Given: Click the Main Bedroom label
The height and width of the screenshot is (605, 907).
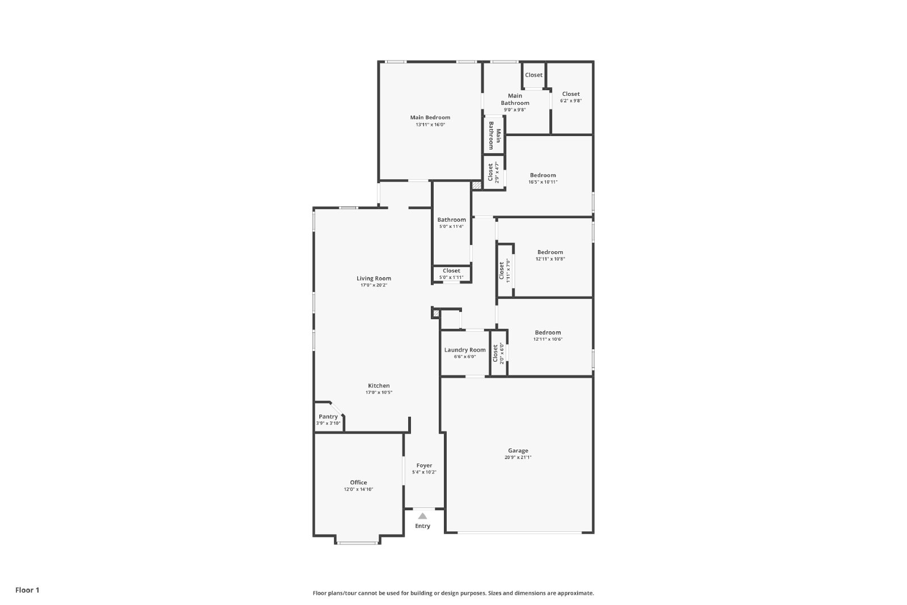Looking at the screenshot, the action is pyautogui.click(x=430, y=117).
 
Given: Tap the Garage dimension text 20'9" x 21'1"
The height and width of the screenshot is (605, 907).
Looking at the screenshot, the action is pyautogui.click(x=518, y=457).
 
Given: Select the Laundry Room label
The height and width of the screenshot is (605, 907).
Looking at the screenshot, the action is pyautogui.click(x=465, y=350).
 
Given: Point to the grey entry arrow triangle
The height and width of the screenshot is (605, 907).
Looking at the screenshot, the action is pyautogui.click(x=422, y=516).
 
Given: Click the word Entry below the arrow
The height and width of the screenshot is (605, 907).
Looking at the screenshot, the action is pyautogui.click(x=422, y=526).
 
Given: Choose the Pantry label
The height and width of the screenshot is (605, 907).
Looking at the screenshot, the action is pyautogui.click(x=328, y=417).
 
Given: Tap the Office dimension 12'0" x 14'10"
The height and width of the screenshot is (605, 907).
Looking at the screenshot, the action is pyautogui.click(x=358, y=489).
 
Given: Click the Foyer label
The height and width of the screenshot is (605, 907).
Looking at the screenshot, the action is pyautogui.click(x=425, y=466).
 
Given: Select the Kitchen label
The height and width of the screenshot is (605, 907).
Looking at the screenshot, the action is pyautogui.click(x=379, y=386).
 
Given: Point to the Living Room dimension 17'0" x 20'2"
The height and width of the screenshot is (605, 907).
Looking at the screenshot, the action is pyautogui.click(x=374, y=285).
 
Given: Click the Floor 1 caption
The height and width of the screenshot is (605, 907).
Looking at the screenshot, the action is pyautogui.click(x=28, y=590).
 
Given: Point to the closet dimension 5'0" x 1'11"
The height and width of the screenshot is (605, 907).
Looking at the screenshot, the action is pyautogui.click(x=451, y=277).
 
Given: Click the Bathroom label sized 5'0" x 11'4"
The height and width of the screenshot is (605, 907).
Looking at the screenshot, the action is pyautogui.click(x=451, y=220).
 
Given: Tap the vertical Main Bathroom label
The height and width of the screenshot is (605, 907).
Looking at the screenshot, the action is pyautogui.click(x=494, y=136).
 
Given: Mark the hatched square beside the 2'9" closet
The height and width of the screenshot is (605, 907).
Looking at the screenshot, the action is pyautogui.click(x=477, y=185).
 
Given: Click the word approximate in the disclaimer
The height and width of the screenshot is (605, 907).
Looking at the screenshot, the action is pyautogui.click(x=575, y=593).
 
